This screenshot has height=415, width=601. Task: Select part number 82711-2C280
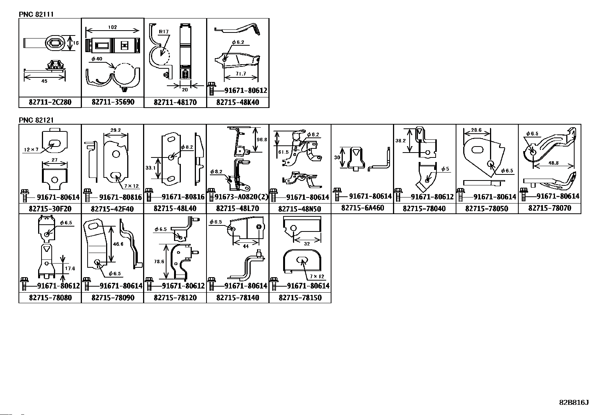click(50, 102)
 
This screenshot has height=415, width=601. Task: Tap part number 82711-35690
click(112, 102)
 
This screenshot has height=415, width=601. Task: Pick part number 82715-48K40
click(238, 102)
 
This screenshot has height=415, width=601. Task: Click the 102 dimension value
click(112, 27)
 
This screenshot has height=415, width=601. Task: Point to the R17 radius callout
click(164, 32)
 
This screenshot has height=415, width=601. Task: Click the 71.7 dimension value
click(240, 74)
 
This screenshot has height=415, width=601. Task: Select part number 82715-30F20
click(50, 208)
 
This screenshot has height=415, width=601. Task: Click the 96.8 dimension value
click(262, 139)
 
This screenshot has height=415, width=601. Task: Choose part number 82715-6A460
click(362, 208)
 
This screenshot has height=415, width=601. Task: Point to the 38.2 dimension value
click(401, 140)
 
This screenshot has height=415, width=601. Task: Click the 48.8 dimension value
click(553, 164)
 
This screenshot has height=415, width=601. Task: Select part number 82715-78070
click(549, 208)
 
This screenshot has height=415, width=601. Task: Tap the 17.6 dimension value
click(70, 268)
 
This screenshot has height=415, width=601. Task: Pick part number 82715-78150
click(300, 298)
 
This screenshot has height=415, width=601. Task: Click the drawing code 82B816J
click(573, 403)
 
